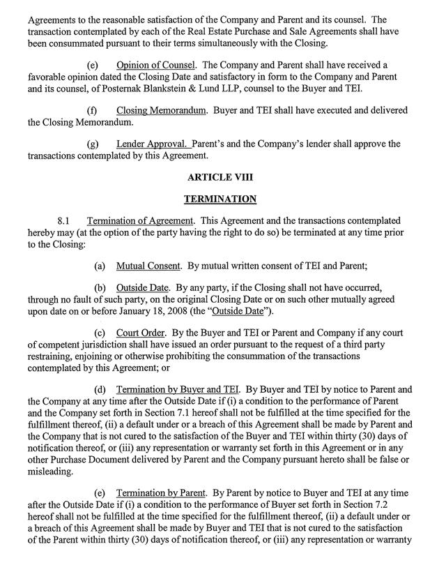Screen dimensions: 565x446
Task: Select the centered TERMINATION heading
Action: click(220, 199)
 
